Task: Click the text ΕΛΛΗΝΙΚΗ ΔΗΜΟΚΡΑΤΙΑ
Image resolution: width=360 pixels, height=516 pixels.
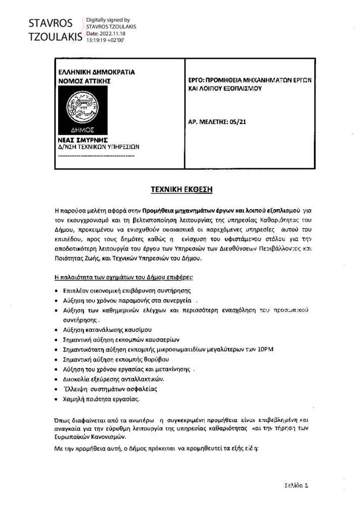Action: pos(96,72)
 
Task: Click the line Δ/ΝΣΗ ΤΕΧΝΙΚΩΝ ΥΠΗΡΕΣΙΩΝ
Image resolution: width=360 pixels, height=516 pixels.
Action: pos(99,147)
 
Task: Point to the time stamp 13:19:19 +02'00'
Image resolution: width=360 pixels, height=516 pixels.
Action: pos(105,39)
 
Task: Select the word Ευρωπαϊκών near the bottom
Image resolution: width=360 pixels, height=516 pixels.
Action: pos(74,437)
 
